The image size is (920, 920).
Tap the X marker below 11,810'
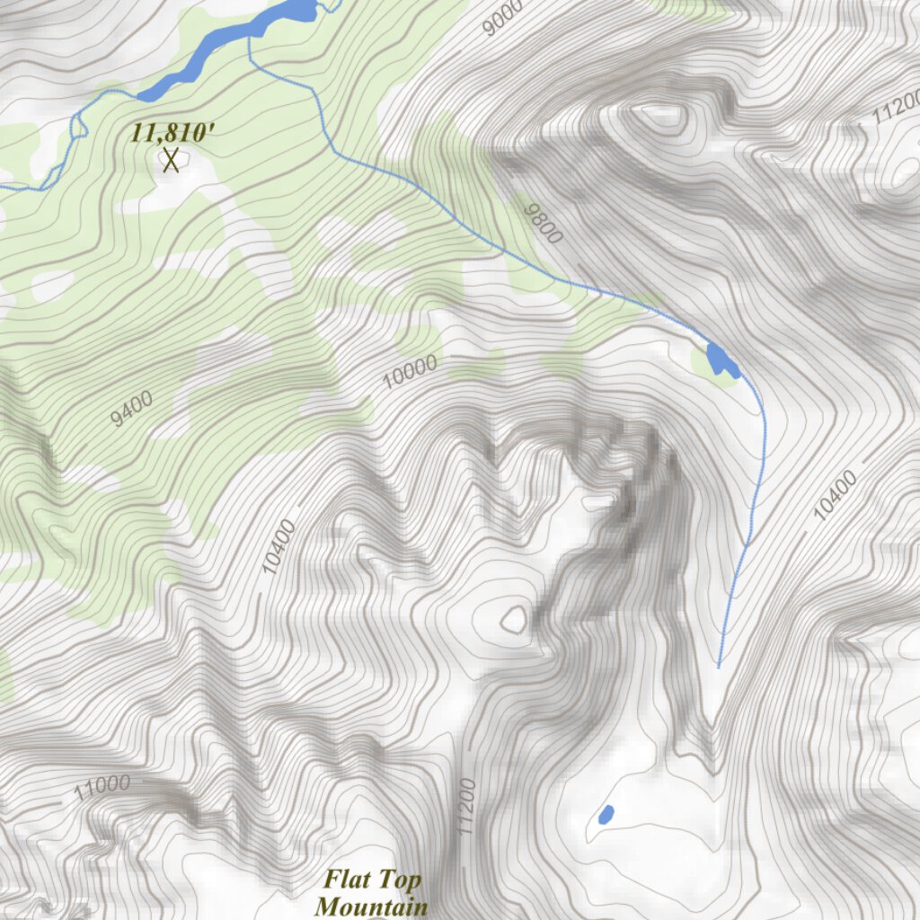point(171,161)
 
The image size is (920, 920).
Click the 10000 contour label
point(410,371)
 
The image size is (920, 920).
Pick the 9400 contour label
point(131,409)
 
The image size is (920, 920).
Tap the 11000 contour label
point(102,788)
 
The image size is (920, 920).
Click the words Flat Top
point(372,878)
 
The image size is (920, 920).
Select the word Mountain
point(371,906)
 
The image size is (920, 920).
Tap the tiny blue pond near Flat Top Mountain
point(606,815)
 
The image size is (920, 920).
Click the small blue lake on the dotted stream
point(721,360)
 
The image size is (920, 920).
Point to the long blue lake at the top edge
point(225,49)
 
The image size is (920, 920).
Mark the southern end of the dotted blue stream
point(719,667)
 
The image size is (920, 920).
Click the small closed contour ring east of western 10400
point(514,618)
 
